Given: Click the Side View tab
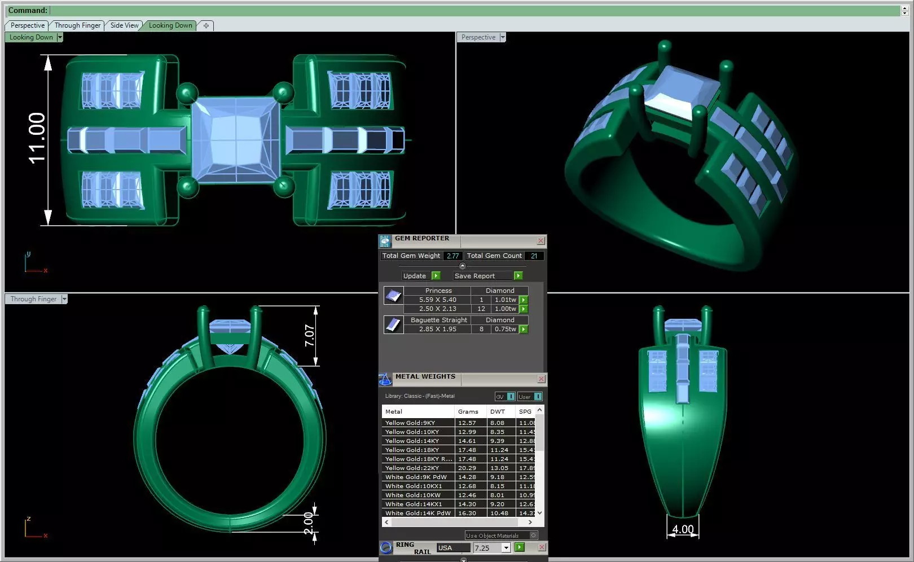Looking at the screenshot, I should click(x=124, y=25).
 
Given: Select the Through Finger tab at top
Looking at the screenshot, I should click(x=77, y=25).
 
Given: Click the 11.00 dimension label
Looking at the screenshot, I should click(x=37, y=138).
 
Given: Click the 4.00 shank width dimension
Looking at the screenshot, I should click(x=683, y=529).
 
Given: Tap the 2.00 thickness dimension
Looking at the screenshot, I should click(x=309, y=526).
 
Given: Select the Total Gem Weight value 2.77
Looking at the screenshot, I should click(x=452, y=256).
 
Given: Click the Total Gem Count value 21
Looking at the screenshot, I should click(x=534, y=256).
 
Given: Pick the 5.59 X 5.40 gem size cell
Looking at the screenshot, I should click(x=437, y=300).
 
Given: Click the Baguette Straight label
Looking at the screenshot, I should click(x=438, y=320).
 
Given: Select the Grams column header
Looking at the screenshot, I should click(x=468, y=411).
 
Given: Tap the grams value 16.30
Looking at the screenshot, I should click(x=467, y=513).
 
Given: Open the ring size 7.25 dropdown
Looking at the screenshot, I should click(x=506, y=548).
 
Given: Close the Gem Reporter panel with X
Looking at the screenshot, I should click(x=541, y=241).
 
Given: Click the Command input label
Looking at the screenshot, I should click(x=28, y=10).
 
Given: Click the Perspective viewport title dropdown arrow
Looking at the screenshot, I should click(x=503, y=37).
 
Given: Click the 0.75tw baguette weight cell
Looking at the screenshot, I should click(x=505, y=329).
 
